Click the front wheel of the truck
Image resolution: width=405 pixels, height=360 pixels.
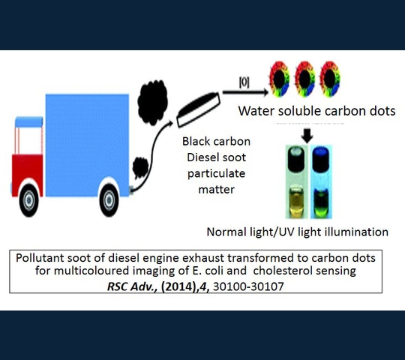[29, 200]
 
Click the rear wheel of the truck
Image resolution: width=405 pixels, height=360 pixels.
[109, 200]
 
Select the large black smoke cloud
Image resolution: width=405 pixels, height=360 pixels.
[153, 103]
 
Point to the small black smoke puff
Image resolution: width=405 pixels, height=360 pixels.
[140, 168]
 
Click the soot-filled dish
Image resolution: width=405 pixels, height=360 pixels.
[198, 109]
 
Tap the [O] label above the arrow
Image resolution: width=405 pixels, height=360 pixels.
[244, 83]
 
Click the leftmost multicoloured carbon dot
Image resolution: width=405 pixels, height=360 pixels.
[280, 79]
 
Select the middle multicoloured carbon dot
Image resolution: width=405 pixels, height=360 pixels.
[304, 79]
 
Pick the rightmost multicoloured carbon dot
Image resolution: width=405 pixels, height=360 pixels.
[330, 79]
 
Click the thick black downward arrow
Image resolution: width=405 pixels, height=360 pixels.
[307, 136]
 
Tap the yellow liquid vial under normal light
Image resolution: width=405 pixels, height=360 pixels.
[296, 201]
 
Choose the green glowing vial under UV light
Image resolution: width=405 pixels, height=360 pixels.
[320, 203]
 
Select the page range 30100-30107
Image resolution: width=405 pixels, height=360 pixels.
[248, 286]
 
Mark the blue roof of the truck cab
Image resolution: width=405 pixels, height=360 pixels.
[29, 122]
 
